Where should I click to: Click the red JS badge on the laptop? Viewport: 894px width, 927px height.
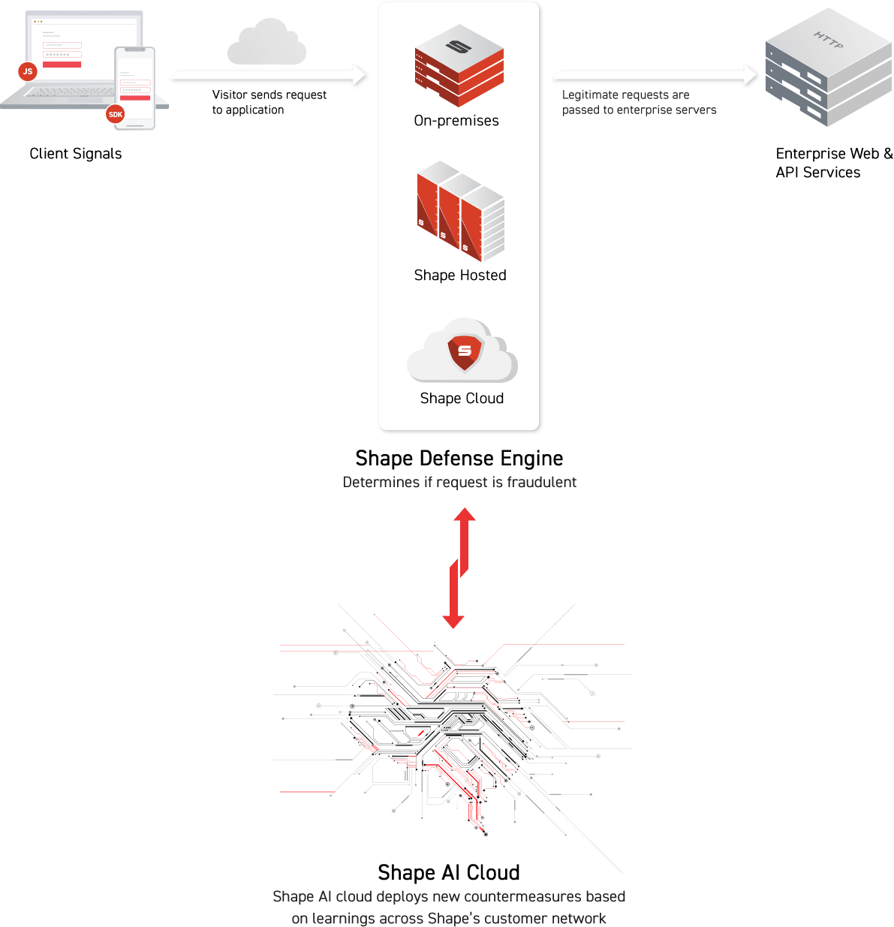pos(28,72)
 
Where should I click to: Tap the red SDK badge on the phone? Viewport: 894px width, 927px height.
pos(115,114)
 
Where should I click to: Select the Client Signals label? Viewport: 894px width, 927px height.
pos(75,154)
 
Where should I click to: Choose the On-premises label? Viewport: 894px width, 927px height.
pos(456,121)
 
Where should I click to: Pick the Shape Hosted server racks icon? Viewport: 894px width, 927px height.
pos(459,212)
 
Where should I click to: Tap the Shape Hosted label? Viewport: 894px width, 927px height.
pos(460,275)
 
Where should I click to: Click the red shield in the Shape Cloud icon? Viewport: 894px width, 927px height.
pos(465,351)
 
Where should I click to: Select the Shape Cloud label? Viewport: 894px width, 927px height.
pos(462,399)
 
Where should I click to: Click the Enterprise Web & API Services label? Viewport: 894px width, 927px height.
pos(833,163)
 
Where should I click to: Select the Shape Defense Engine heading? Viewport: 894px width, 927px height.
pos(459,459)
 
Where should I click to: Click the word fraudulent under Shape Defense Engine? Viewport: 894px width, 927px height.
pos(541,483)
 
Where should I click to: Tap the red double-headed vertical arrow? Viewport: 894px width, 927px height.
pos(459,567)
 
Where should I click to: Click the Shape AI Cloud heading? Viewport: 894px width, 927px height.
pos(449,872)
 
